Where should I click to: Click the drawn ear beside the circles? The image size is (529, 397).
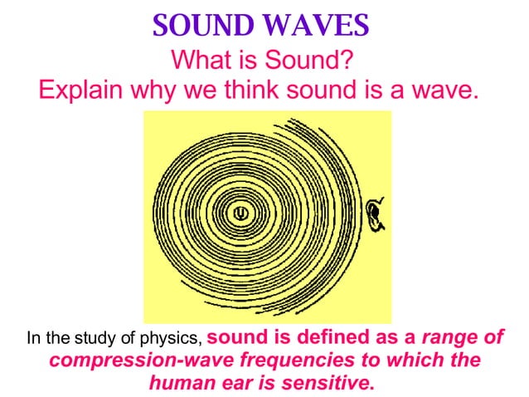click(x=377, y=214)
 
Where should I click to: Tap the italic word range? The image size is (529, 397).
click(x=449, y=339)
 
